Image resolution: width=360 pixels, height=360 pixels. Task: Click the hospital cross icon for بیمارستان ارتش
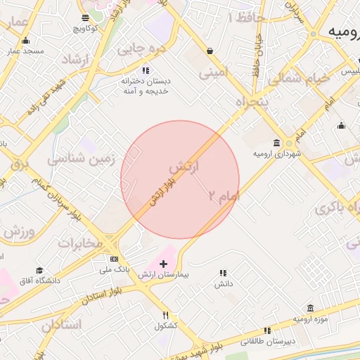pyautogui.click(x=163, y=264)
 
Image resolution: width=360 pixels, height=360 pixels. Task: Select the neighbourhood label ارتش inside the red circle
pyautogui.click(x=184, y=167)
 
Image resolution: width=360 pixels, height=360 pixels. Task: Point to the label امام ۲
pyautogui.click(x=224, y=197)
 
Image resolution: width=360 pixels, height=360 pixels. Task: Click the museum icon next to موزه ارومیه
pyautogui.click(x=310, y=308)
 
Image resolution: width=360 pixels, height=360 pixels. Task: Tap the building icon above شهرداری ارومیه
pyautogui.click(x=278, y=142)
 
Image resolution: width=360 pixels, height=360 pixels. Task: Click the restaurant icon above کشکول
pyautogui.click(x=165, y=315)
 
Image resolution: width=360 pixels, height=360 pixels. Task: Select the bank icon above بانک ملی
pyautogui.click(x=114, y=259)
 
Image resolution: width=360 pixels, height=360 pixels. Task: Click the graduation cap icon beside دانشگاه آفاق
pyautogui.click(x=39, y=271)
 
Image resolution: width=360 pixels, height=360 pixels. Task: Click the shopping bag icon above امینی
pyautogui.click(x=210, y=51)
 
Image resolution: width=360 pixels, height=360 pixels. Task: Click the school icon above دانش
pyautogui.click(x=223, y=273)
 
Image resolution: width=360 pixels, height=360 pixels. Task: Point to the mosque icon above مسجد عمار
pyautogui.click(x=26, y=41)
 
